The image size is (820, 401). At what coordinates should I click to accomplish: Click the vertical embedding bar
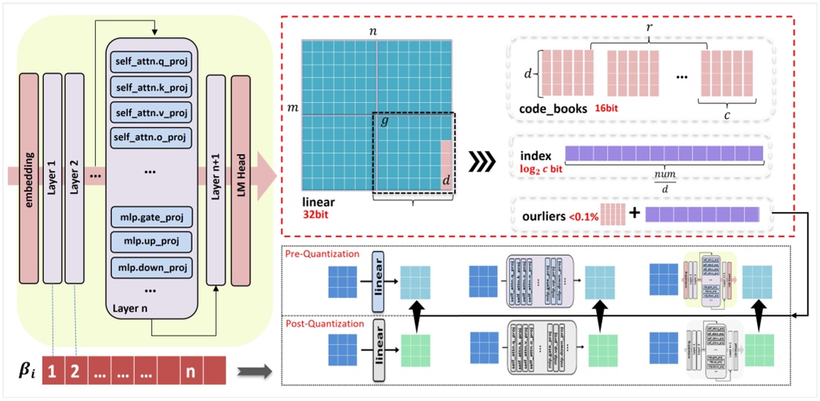pos(29,176)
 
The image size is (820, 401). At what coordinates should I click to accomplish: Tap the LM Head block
pos(241,176)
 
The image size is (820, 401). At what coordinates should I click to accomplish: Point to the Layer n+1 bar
pos(215,176)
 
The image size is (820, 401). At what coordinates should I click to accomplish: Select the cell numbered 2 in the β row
pos(74,370)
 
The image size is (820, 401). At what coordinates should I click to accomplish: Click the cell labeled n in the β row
pos(190,370)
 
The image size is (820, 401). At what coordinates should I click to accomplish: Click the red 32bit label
pos(316,215)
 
